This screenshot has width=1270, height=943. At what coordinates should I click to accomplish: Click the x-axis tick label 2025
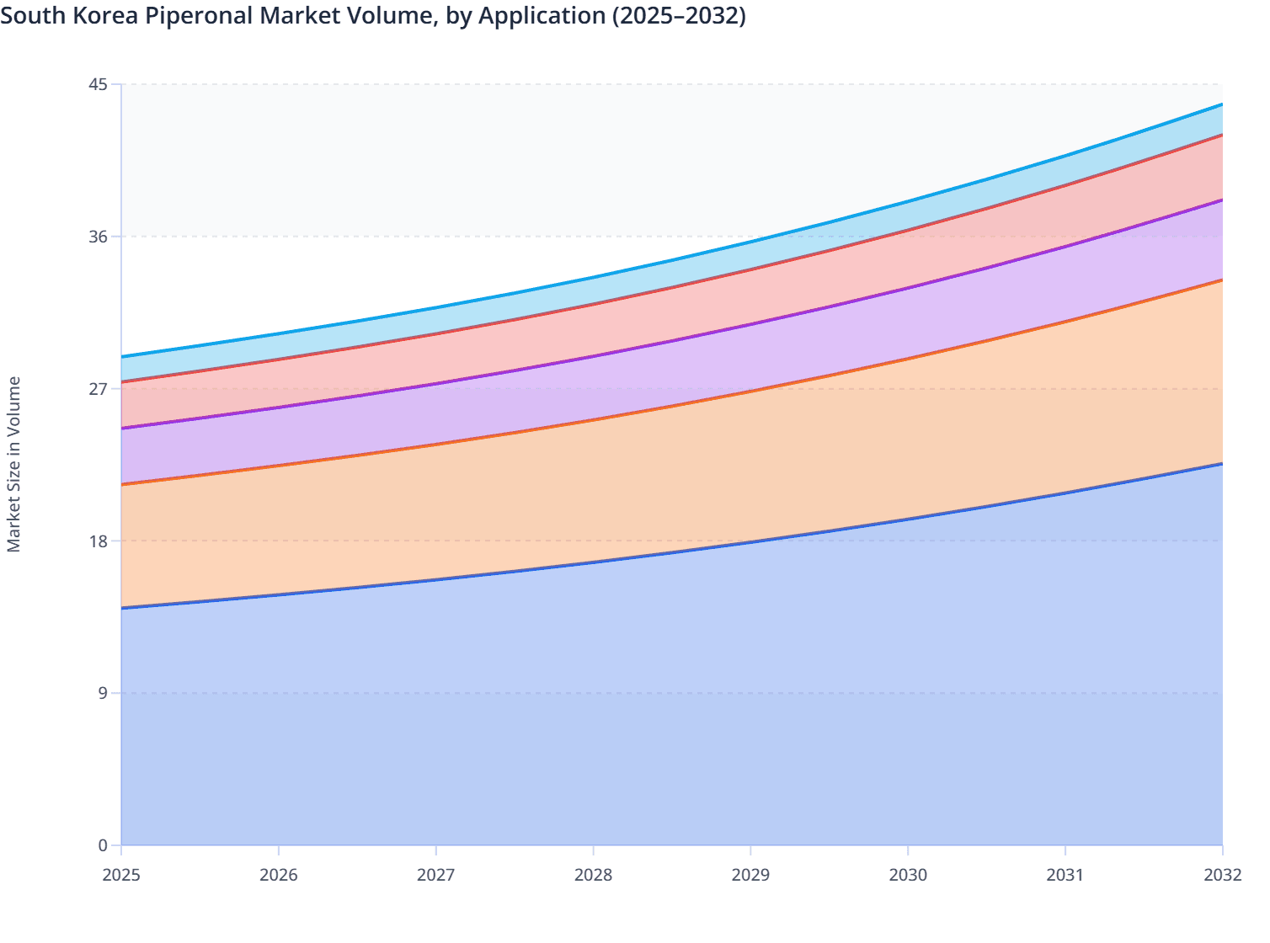point(121,875)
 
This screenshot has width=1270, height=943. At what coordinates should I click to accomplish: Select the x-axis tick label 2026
point(279,875)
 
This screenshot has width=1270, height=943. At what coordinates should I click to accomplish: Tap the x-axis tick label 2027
point(436,875)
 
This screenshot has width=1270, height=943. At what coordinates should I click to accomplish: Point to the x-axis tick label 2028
point(594,875)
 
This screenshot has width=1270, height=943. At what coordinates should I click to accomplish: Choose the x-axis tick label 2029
point(750,875)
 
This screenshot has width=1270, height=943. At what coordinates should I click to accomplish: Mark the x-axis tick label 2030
point(908,875)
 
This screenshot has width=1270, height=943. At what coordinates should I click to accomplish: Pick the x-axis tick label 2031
point(1065,875)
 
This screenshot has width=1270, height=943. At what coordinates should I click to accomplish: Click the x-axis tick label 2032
point(1222,875)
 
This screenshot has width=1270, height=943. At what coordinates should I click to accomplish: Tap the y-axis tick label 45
point(98,84)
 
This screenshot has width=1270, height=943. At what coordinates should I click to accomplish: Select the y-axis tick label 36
point(98,237)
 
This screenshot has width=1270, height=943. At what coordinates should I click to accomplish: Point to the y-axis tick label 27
point(98,389)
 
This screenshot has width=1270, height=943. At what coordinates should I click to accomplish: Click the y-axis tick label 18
point(98,541)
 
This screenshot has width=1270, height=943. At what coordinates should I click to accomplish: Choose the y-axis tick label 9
point(103,693)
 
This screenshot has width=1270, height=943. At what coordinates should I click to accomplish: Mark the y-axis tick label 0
point(103,845)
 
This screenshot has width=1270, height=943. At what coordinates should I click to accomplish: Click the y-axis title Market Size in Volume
point(13,464)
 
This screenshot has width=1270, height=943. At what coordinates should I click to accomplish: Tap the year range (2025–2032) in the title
point(679,15)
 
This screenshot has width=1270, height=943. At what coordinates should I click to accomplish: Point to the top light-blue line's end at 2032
point(1221,104)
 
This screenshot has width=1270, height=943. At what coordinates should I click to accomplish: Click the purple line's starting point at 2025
point(122,429)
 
